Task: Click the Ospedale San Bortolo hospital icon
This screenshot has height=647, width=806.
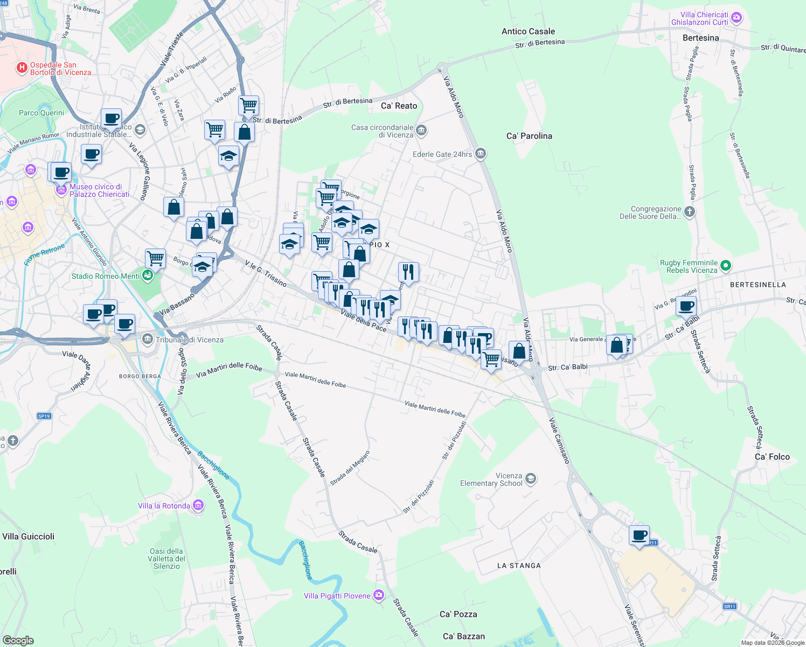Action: click(22, 67)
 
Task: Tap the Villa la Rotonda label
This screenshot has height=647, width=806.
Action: click(164, 506)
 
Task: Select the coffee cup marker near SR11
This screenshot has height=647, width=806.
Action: click(639, 535)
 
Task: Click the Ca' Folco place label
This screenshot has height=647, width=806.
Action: click(772, 457)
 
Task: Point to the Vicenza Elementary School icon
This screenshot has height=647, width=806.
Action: click(531, 479)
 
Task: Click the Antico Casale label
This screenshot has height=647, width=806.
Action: click(528, 31)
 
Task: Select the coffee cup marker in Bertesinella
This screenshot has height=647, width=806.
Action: click(686, 306)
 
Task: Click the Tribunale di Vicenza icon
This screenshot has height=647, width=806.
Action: click(147, 339)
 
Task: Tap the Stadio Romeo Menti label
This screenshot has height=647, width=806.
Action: click(106, 276)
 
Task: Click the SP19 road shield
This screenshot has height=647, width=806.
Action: click(44, 416)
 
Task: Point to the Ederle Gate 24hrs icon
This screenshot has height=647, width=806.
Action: click(481, 154)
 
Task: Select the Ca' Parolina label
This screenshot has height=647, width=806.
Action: click(529, 136)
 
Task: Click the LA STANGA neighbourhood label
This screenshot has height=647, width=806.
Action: click(518, 566)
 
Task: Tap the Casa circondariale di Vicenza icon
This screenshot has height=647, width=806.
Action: click(421, 130)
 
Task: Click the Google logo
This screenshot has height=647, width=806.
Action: click(18, 640)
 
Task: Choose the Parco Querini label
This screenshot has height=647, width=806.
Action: click(41, 113)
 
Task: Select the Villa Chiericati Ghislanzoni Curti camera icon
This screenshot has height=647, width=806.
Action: click(736, 18)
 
